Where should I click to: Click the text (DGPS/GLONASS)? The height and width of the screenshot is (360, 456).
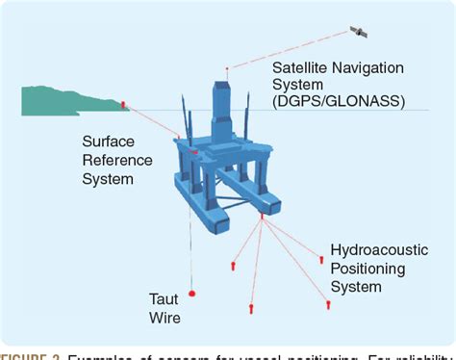[338, 101]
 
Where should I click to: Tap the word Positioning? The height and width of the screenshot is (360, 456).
[367, 268]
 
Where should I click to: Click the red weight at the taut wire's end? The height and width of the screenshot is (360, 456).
[193, 293]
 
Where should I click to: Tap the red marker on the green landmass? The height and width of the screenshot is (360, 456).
[123, 104]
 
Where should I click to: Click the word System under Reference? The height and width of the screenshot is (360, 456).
[108, 179]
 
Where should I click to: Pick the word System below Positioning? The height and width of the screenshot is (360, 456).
[355, 286]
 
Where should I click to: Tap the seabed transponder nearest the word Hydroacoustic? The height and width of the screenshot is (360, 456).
[321, 258]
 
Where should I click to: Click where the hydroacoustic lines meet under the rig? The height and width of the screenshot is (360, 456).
[262, 218]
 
